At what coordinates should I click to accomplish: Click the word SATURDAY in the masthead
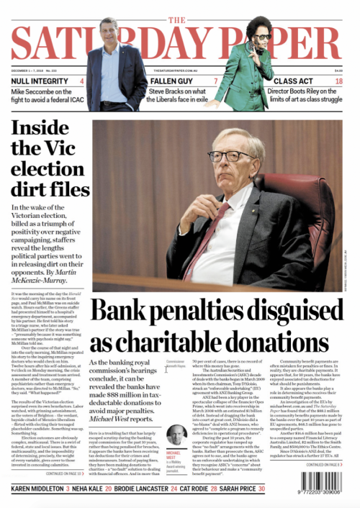[x=180, y=42]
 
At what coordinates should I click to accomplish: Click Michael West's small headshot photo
[x=175, y=434]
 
